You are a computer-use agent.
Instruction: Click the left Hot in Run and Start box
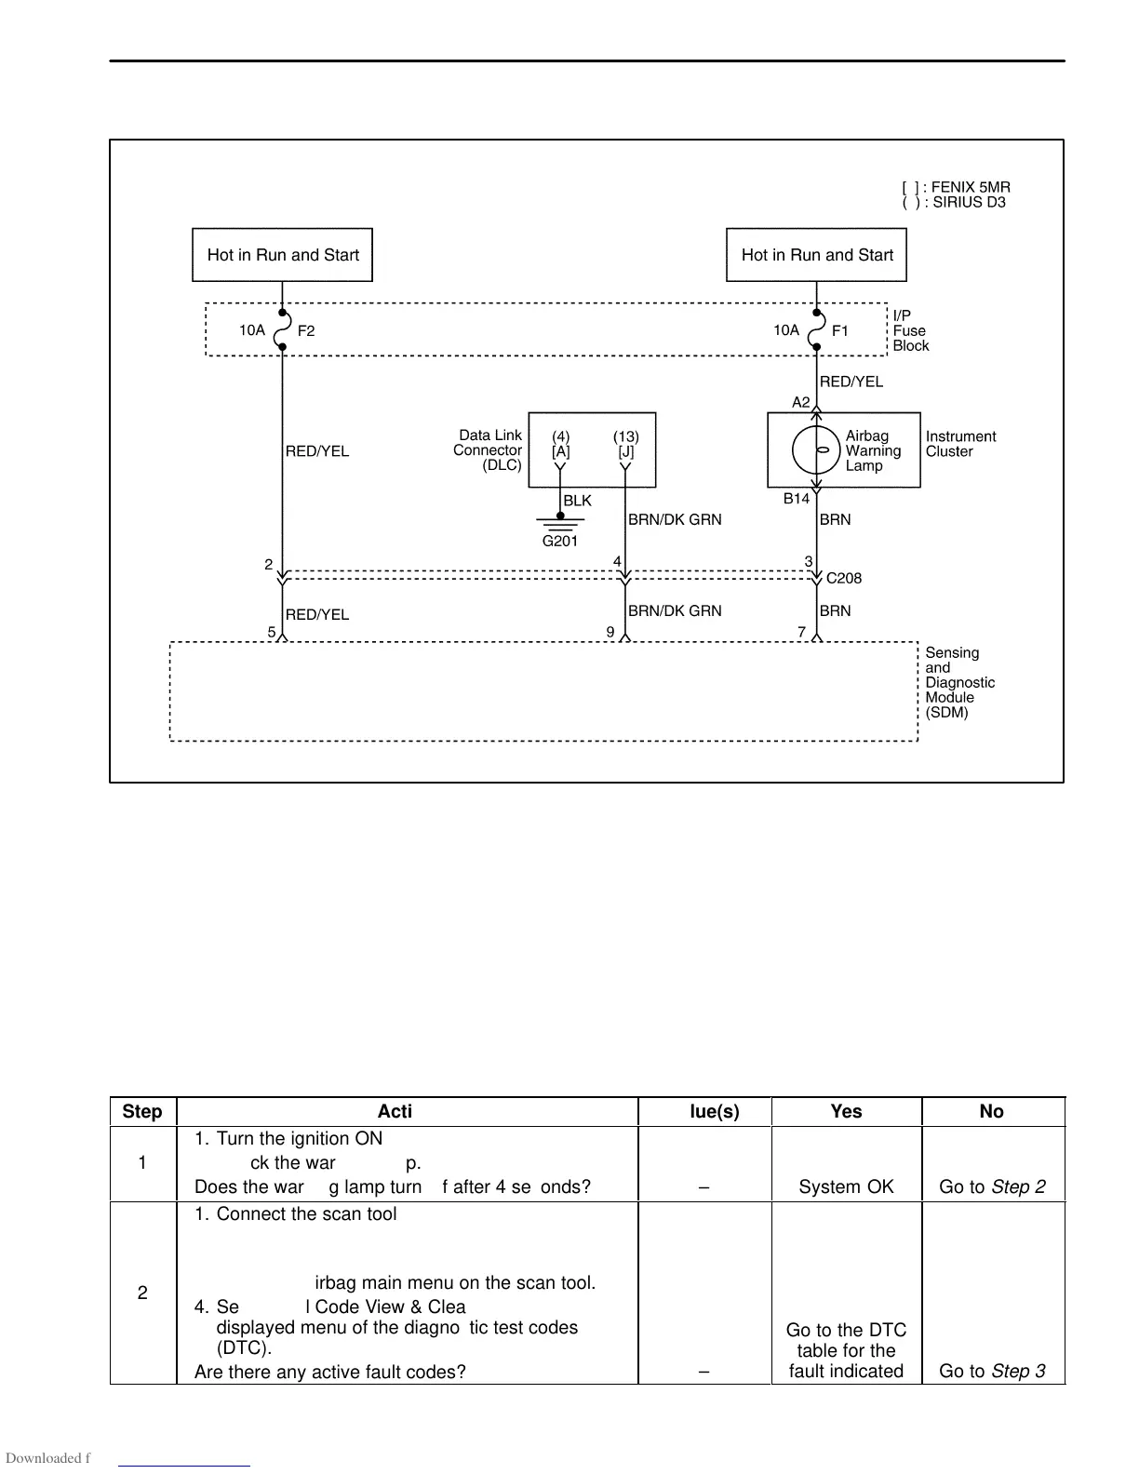[282, 255]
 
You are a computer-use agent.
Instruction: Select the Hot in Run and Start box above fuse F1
[816, 255]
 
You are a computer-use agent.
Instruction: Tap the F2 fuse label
[306, 331]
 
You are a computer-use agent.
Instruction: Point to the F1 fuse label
[840, 331]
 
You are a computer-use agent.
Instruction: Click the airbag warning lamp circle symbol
[816, 450]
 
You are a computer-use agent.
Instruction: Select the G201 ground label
[560, 541]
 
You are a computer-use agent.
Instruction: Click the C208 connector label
[844, 578]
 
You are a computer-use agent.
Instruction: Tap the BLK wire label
[577, 501]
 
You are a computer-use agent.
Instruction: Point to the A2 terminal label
[801, 402]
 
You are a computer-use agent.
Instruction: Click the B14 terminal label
[796, 499]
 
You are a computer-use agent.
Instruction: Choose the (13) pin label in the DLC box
[626, 436]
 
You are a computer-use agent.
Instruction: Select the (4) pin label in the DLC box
[561, 436]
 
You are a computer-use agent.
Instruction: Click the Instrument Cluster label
[960, 444]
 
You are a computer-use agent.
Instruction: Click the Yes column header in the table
[846, 1111]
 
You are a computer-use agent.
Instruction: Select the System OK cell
[846, 1186]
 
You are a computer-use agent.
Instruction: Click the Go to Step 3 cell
[992, 1371]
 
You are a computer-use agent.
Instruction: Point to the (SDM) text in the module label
[946, 713]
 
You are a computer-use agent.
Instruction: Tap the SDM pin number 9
[610, 632]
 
